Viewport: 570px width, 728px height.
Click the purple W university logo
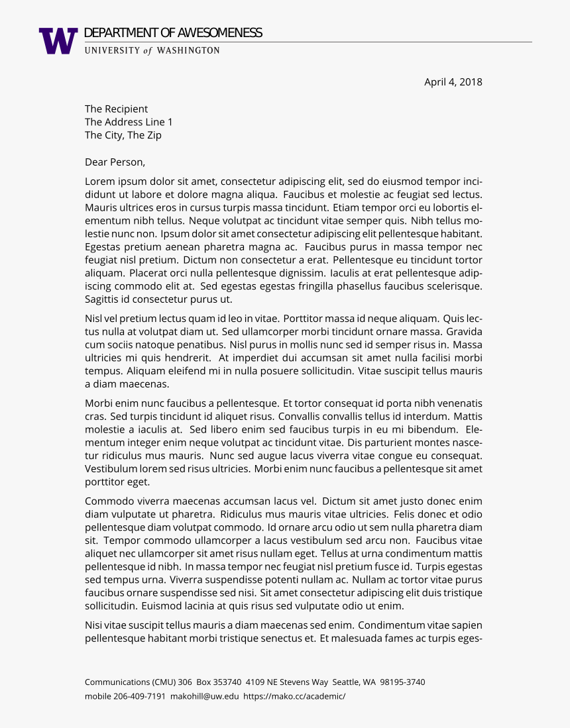(x=58, y=41)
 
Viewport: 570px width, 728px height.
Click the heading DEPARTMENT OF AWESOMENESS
(x=173, y=33)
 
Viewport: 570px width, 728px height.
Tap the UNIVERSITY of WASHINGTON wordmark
(x=152, y=50)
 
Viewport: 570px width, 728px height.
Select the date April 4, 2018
(x=453, y=82)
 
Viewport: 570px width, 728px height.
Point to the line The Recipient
(x=116, y=109)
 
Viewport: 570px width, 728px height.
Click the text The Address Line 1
(x=129, y=122)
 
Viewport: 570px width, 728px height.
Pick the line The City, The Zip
(x=123, y=135)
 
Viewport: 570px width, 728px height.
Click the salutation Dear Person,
(x=115, y=162)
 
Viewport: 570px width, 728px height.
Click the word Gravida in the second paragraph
(x=464, y=331)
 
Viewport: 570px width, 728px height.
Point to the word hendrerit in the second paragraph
(x=184, y=358)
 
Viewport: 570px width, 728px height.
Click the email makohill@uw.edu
(x=204, y=696)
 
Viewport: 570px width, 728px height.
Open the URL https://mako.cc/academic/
(x=294, y=696)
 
